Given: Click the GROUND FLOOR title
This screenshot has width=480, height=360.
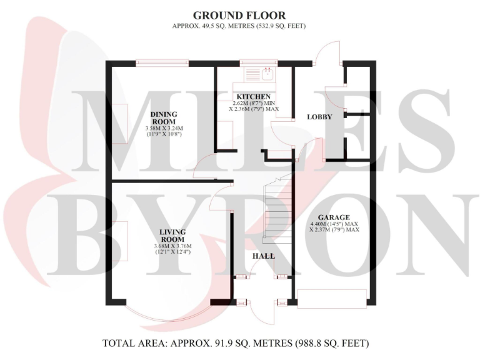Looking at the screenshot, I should point(239,15).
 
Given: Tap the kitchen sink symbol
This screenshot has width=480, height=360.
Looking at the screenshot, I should point(266,76).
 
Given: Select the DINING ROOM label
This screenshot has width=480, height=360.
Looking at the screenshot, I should point(164,117).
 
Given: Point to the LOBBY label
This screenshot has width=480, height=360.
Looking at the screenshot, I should point(319,117).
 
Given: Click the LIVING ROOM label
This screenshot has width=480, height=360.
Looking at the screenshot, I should point(172,234).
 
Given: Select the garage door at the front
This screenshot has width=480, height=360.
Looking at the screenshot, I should point(331,299).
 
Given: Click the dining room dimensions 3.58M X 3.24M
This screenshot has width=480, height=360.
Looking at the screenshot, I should point(164,130).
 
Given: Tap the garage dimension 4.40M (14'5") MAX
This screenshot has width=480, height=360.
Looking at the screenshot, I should point(334,224).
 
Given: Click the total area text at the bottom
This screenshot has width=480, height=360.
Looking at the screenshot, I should point(239,343).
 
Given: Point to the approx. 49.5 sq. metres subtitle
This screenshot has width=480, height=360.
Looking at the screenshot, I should point(239,26).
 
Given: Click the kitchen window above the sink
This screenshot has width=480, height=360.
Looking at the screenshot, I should point(253,62).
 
